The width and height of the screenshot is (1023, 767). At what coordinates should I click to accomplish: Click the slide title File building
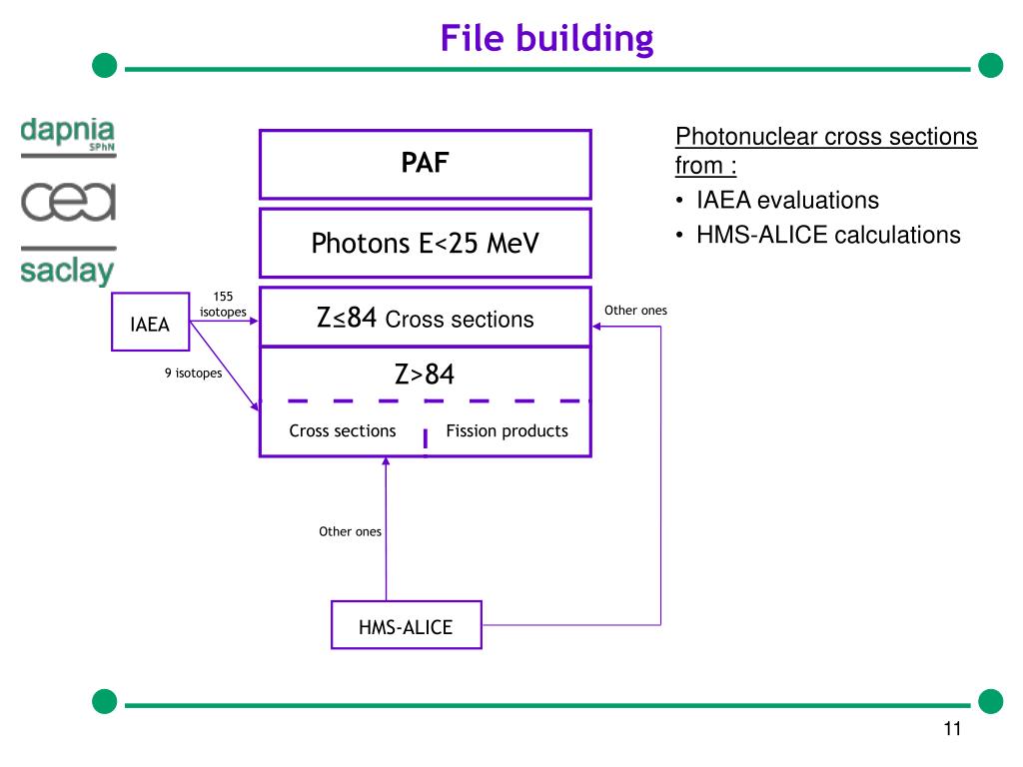pyautogui.click(x=546, y=39)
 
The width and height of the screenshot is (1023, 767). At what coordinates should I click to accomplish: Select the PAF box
pyautogui.click(x=426, y=164)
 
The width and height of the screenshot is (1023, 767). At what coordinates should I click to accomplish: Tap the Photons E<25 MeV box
pyautogui.click(x=426, y=243)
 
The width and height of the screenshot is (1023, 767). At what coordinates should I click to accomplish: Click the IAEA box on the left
pyautogui.click(x=150, y=324)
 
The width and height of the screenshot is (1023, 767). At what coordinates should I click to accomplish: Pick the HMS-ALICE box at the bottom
pyautogui.click(x=406, y=627)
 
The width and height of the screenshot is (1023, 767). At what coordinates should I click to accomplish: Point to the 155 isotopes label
pyautogui.click(x=223, y=305)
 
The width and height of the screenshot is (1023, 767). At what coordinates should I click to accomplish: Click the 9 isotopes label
pyautogui.click(x=194, y=375)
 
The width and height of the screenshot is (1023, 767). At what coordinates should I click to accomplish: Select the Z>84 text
pyautogui.click(x=425, y=376)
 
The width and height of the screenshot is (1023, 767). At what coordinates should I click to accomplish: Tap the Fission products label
pyautogui.click(x=507, y=431)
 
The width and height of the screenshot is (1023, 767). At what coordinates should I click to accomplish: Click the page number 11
pyautogui.click(x=951, y=729)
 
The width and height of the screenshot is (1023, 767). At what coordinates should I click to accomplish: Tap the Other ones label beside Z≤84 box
pyautogui.click(x=635, y=311)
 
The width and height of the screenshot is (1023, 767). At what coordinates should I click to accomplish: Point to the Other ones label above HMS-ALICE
pyautogui.click(x=350, y=531)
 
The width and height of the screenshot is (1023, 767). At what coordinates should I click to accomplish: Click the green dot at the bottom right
pyautogui.click(x=990, y=701)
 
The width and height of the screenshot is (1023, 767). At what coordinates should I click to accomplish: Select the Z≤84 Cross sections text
pyautogui.click(x=426, y=320)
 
